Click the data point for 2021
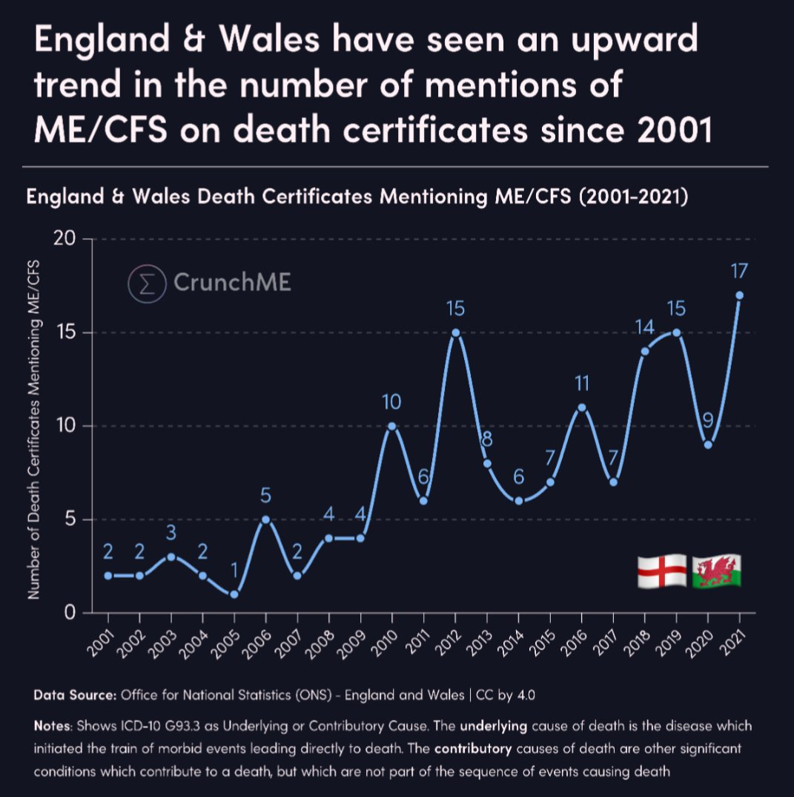click(739, 295)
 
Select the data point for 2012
click(455, 332)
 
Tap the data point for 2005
click(234, 594)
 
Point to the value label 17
click(738, 272)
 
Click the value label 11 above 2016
click(581, 384)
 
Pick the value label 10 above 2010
click(391, 402)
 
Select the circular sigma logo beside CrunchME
click(146, 283)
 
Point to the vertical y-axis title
click(34, 429)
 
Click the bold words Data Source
click(75, 696)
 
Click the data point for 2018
click(645, 351)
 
